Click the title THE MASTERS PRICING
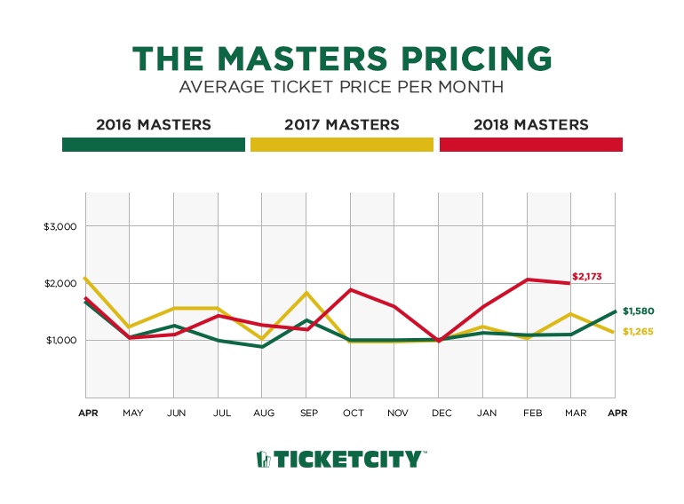click(342, 59)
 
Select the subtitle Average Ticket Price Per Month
click(342, 88)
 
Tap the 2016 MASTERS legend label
click(153, 125)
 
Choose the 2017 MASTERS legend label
click(342, 125)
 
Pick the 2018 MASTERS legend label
click(530, 125)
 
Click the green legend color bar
click(153, 145)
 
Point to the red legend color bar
click(530, 145)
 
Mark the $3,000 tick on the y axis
click(61, 226)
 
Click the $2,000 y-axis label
click(61, 283)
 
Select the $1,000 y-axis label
click(61, 341)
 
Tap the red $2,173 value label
click(586, 277)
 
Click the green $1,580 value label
click(638, 311)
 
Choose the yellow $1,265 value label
click(638, 332)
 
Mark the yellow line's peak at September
click(306, 293)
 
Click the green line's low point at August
click(261, 347)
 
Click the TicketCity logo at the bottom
click(342, 459)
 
